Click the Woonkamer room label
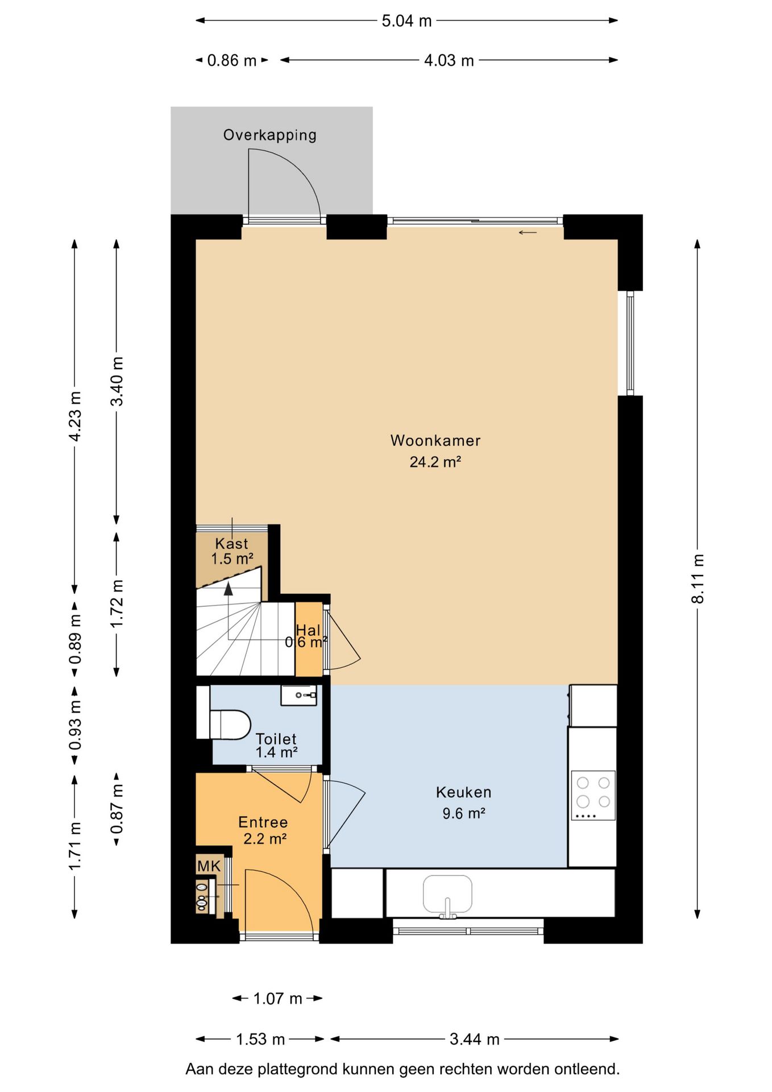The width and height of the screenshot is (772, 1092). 435,441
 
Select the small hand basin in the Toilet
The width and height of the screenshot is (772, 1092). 298,695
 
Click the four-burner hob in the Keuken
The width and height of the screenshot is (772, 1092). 593,795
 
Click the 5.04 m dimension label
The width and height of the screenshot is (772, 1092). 406,21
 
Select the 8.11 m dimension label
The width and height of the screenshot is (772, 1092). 698,578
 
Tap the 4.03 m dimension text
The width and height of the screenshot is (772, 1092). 449,60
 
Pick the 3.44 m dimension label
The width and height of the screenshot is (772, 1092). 475,1039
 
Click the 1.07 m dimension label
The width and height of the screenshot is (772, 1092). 277,998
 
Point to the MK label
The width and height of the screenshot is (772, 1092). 209,866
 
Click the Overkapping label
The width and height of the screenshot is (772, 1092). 269,135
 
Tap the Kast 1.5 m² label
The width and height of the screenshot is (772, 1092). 232,551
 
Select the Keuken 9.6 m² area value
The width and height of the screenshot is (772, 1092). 464,813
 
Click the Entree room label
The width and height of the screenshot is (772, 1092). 263,822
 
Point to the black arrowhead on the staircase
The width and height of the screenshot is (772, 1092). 229,589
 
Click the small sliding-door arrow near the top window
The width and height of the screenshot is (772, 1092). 528,232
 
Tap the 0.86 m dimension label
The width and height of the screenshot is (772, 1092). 232,60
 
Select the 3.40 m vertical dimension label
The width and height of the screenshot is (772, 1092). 117,381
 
